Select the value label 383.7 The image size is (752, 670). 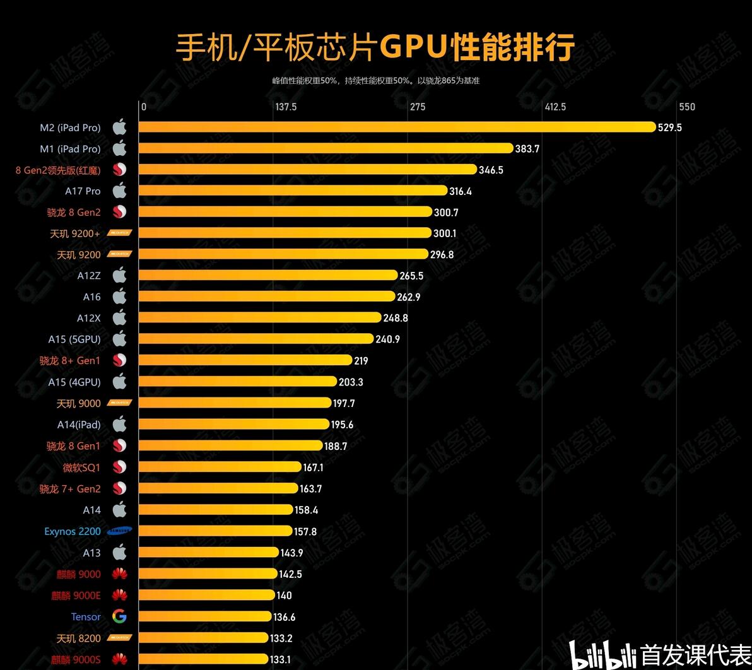click(527, 149)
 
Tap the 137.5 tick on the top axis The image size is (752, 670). click(286, 107)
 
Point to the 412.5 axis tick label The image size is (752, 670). click(555, 107)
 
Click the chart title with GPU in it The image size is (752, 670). click(375, 47)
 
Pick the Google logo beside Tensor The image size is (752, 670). click(119, 616)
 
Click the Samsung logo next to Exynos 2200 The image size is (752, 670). click(119, 531)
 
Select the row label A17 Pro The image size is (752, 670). click(83, 191)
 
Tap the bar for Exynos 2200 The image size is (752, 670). click(215, 531)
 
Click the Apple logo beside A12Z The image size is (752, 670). click(119, 275)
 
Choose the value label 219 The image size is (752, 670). click(361, 361)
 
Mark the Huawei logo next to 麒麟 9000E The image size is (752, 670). click(119, 595)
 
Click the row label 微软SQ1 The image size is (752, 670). click(81, 467)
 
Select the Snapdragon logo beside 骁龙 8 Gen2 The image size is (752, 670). click(119, 212)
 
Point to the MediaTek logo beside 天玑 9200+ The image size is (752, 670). click(119, 233)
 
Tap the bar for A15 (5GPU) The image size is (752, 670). click(256, 339)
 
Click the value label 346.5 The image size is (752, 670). click(491, 170)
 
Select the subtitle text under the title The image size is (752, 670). click(376, 81)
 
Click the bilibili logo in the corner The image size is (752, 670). click(602, 655)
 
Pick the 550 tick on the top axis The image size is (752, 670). click(687, 107)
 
